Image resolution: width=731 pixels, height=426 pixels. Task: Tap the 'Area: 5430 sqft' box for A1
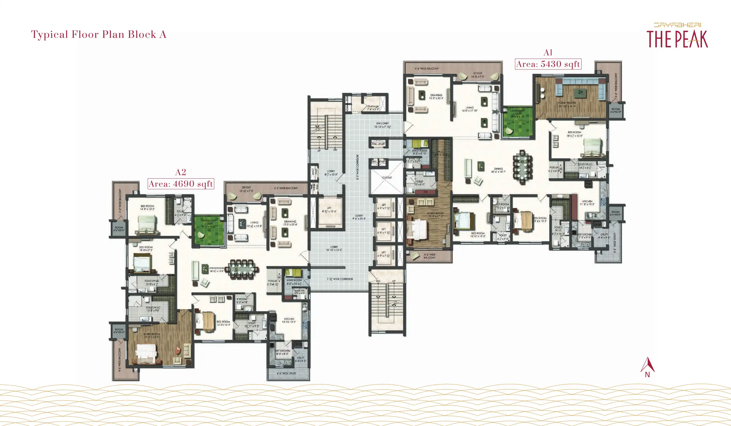548,64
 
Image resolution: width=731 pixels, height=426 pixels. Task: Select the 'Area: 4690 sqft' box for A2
181,184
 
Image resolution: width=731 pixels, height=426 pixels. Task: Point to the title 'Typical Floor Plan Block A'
99,34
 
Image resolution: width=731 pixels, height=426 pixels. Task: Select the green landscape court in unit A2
209,231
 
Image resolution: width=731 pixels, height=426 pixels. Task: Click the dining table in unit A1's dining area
522,167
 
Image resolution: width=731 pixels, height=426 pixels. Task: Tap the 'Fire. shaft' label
378,144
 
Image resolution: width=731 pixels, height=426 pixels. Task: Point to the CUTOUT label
387,177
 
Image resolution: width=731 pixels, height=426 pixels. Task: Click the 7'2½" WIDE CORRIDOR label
340,279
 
